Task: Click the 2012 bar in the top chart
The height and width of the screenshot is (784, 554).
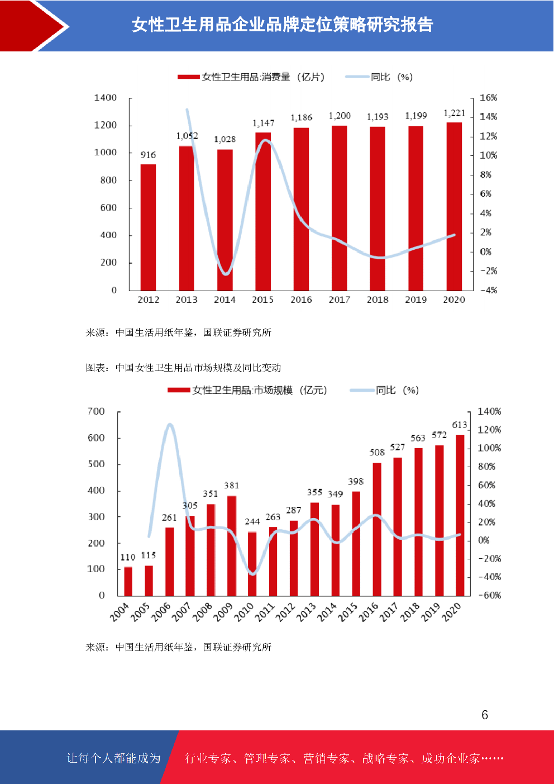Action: pyautogui.click(x=148, y=227)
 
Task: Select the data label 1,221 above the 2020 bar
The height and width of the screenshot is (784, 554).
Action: pyautogui.click(x=454, y=113)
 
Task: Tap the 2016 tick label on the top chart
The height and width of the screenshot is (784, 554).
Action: pyautogui.click(x=301, y=300)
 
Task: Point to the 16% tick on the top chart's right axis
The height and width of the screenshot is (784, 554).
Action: pyautogui.click(x=488, y=98)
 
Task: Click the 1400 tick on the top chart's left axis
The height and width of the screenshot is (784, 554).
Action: pyautogui.click(x=105, y=98)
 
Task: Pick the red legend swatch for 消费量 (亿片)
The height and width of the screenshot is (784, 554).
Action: pyautogui.click(x=188, y=77)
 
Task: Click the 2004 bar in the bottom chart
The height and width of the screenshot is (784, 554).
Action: pyautogui.click(x=128, y=581)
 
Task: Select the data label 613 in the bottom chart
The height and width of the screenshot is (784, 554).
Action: pyautogui.click(x=460, y=425)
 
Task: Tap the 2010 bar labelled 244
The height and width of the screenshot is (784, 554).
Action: pyautogui.click(x=252, y=563)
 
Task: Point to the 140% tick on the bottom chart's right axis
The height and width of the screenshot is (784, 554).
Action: pyautogui.click(x=489, y=411)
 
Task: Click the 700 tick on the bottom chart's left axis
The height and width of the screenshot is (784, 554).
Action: pyautogui.click(x=96, y=411)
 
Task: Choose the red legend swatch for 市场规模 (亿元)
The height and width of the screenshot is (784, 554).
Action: pyautogui.click(x=179, y=390)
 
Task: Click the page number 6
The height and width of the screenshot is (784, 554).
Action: pyautogui.click(x=485, y=715)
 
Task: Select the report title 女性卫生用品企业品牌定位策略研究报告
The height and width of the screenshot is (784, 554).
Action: pyautogui.click(x=283, y=25)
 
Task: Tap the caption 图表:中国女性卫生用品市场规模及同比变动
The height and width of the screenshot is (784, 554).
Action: pyautogui.click(x=183, y=368)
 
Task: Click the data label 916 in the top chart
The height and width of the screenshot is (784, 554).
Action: pyautogui.click(x=148, y=155)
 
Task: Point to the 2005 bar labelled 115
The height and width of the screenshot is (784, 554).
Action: pyautogui.click(x=149, y=581)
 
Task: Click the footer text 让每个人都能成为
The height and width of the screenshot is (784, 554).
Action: pyautogui.click(x=113, y=758)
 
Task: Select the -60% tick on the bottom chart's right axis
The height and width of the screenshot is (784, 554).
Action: pyautogui.click(x=490, y=595)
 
